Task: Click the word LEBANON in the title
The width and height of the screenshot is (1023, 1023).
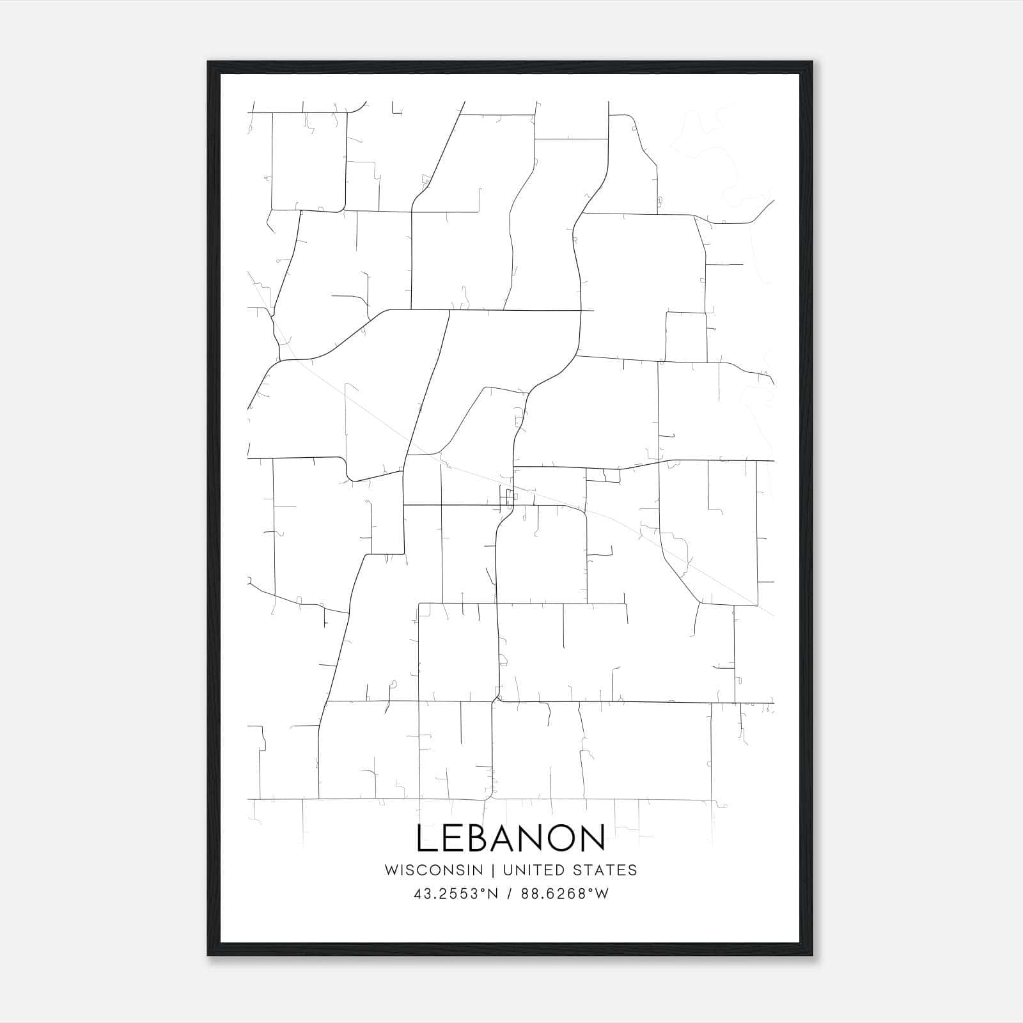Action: tap(511, 838)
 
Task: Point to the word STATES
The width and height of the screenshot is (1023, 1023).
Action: tap(609, 870)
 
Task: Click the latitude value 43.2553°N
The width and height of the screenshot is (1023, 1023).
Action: tap(455, 894)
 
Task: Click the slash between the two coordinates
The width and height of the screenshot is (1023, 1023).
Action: tap(509, 894)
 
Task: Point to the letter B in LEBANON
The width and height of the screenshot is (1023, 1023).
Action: tap(481, 838)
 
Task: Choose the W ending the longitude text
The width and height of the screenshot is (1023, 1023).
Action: tap(602, 894)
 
